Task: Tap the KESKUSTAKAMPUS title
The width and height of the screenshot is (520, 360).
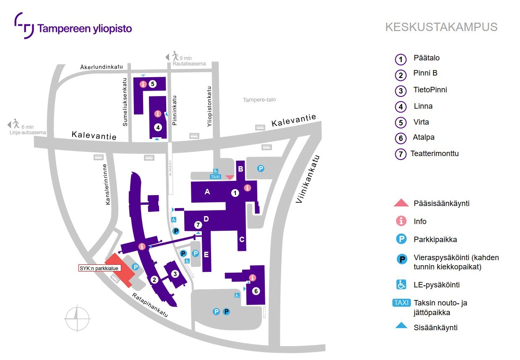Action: click(x=441, y=27)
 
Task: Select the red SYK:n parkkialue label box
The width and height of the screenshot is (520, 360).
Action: click(x=100, y=268)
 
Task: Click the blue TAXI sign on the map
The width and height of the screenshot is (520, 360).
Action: click(x=215, y=177)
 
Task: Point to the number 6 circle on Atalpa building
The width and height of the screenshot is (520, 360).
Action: click(x=256, y=291)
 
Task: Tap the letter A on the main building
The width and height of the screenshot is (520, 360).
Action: click(x=207, y=192)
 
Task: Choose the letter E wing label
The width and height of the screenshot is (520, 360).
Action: click(x=206, y=254)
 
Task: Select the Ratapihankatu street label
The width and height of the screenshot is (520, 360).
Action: click(x=150, y=305)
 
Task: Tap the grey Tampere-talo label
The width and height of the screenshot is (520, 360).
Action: click(x=259, y=100)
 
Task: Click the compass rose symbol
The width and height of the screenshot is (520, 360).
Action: click(x=77, y=318)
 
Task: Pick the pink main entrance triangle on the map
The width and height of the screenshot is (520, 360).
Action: click(x=230, y=177)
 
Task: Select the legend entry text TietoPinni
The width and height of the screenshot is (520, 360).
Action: click(x=430, y=90)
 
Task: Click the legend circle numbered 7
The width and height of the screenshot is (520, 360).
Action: click(x=401, y=154)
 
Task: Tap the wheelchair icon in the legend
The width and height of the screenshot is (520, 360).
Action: click(x=402, y=285)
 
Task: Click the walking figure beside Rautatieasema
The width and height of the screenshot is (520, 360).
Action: click(x=175, y=56)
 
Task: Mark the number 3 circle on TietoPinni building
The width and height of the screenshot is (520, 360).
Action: click(x=175, y=274)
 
